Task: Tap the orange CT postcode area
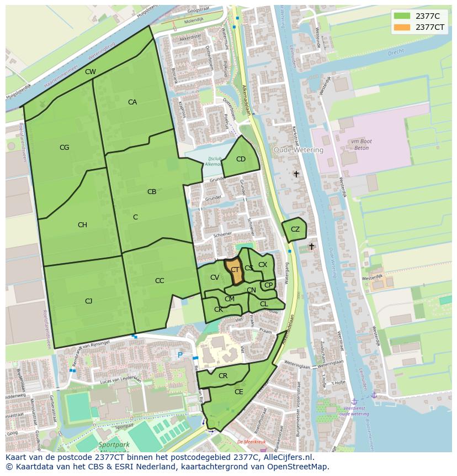(235, 270)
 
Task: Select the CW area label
(90, 72)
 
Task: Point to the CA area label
(132, 102)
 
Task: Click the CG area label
(65, 148)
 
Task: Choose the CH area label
(82, 225)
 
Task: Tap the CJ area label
(88, 301)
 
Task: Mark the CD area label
(241, 159)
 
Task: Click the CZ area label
(295, 229)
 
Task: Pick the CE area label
(239, 392)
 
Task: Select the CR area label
(223, 376)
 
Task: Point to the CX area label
(263, 265)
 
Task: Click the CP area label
(268, 285)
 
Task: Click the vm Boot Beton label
(362, 145)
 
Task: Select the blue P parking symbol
(179, 354)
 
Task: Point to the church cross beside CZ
(311, 246)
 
